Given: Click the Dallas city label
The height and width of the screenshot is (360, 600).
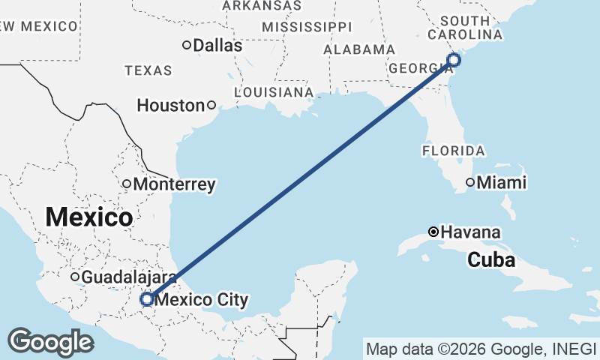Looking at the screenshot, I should pyautogui.click(x=217, y=46).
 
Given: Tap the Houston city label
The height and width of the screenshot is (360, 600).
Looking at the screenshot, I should pyautogui.click(x=170, y=106).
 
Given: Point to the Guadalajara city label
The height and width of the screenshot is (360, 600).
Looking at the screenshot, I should pyautogui.click(x=128, y=277).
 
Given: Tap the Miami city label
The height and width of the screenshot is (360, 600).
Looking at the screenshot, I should pyautogui.click(x=502, y=182).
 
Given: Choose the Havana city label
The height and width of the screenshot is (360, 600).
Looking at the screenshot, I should pyautogui.click(x=471, y=232).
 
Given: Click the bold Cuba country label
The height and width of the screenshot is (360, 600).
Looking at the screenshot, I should pyautogui.click(x=491, y=260).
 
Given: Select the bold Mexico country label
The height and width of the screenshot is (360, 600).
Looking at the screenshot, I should pyautogui.click(x=89, y=217).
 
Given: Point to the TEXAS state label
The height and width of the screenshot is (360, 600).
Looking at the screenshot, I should pyautogui.click(x=148, y=70).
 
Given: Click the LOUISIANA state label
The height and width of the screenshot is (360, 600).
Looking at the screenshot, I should pyautogui.click(x=274, y=91).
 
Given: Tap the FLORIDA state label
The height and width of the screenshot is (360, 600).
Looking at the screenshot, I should pyautogui.click(x=453, y=151).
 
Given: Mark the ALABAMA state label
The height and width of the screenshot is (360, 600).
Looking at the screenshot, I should pyautogui.click(x=358, y=49).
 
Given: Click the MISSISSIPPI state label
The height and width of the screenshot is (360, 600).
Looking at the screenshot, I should pyautogui.click(x=307, y=27).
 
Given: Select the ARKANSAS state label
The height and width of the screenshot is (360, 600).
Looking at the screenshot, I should pyautogui.click(x=262, y=5).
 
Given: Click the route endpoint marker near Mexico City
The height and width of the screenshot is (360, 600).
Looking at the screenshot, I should pyautogui.click(x=147, y=299).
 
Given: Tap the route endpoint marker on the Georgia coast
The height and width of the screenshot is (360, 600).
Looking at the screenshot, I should pyautogui.click(x=454, y=60).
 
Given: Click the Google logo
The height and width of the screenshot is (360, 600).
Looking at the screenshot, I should pyautogui.click(x=50, y=342).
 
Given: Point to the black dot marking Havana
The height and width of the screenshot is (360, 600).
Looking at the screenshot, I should pyautogui.click(x=433, y=232).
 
